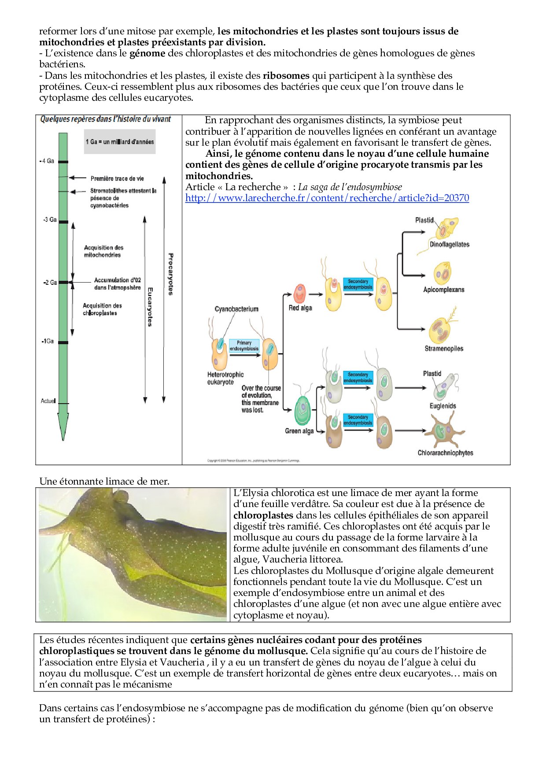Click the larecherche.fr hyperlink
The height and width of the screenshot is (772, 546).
click(x=327, y=198)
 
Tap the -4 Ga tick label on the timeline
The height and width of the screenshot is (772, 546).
click(x=47, y=161)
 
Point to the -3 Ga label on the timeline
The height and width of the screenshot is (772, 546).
click(x=50, y=220)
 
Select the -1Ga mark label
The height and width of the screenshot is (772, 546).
click(x=48, y=341)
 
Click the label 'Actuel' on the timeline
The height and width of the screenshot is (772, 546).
click(x=48, y=401)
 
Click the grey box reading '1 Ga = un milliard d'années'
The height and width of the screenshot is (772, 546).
click(x=120, y=142)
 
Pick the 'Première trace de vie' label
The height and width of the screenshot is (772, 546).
click(x=117, y=178)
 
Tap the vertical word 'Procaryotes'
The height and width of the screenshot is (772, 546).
click(x=170, y=274)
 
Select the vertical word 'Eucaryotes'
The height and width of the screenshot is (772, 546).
click(x=150, y=307)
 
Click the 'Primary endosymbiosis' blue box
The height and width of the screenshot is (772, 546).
click(x=244, y=346)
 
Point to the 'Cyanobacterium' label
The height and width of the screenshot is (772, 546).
click(x=236, y=309)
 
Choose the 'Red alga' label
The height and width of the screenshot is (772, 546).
click(x=300, y=308)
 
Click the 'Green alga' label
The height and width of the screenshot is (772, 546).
click(x=299, y=431)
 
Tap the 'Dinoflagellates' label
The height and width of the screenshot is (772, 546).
click(x=449, y=245)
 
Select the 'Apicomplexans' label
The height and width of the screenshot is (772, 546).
click(x=443, y=290)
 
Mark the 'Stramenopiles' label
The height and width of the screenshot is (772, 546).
click(x=444, y=349)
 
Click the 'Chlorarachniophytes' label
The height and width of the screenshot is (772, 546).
click(x=445, y=453)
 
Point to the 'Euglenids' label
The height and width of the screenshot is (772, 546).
click(x=443, y=406)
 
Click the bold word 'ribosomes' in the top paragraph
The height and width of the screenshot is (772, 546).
click(x=286, y=76)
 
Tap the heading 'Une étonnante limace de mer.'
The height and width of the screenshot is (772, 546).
click(x=104, y=482)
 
